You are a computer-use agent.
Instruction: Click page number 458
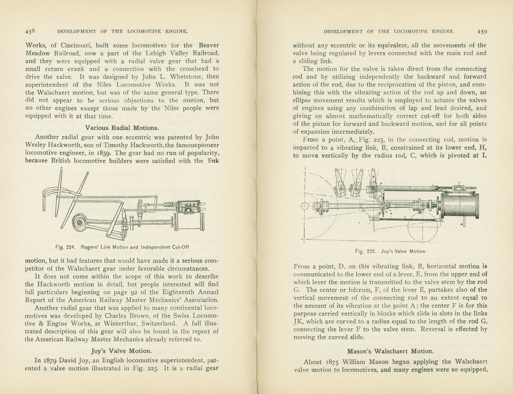30,31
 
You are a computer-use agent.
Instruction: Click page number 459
482,32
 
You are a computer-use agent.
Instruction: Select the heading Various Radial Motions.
122,128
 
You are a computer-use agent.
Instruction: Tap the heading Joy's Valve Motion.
122,351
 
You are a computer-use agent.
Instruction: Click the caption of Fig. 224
122,247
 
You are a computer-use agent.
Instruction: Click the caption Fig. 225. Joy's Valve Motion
390,251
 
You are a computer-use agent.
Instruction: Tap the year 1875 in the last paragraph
330,362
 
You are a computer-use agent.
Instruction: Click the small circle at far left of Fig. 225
305,206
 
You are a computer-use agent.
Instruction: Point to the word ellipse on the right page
302,101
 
